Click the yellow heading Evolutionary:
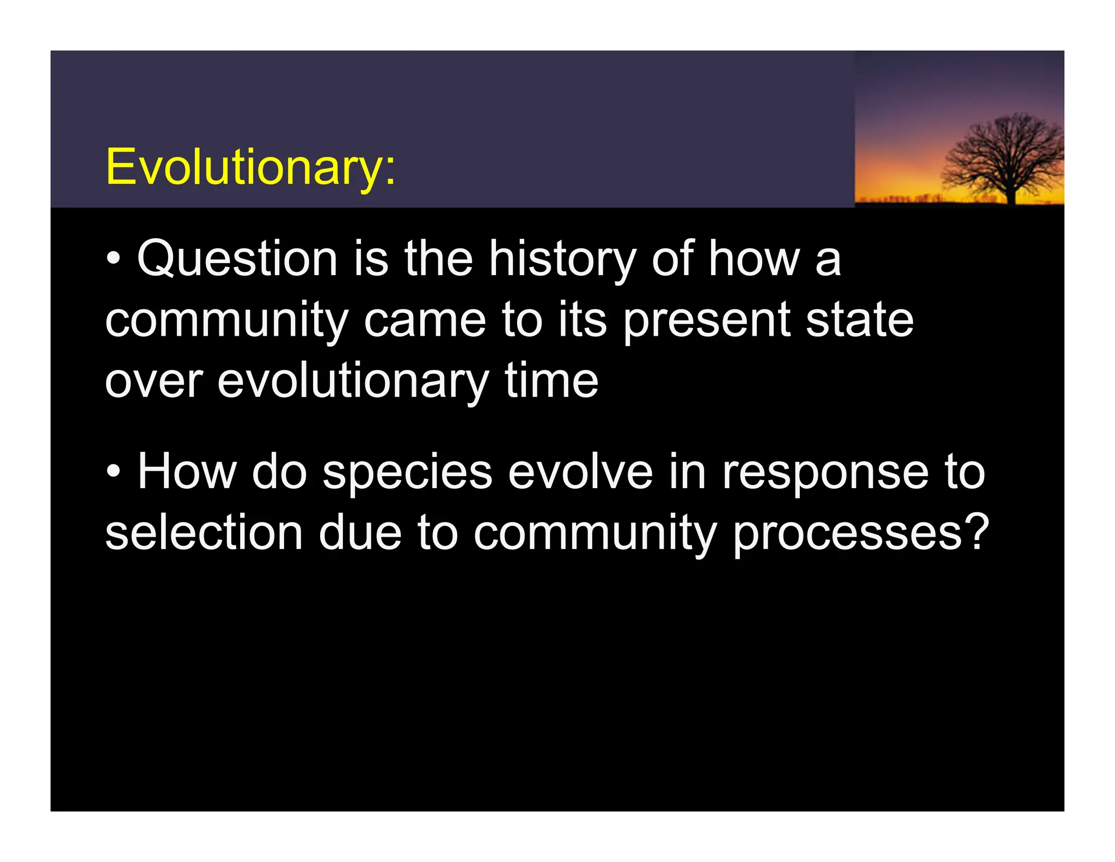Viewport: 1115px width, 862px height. pos(250,167)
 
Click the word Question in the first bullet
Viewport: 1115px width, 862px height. pos(237,259)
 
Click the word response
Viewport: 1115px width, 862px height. pos(825,472)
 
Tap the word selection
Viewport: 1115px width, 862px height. pos(204,533)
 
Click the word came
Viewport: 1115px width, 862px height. pos(425,320)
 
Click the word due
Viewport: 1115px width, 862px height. pos(360,533)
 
